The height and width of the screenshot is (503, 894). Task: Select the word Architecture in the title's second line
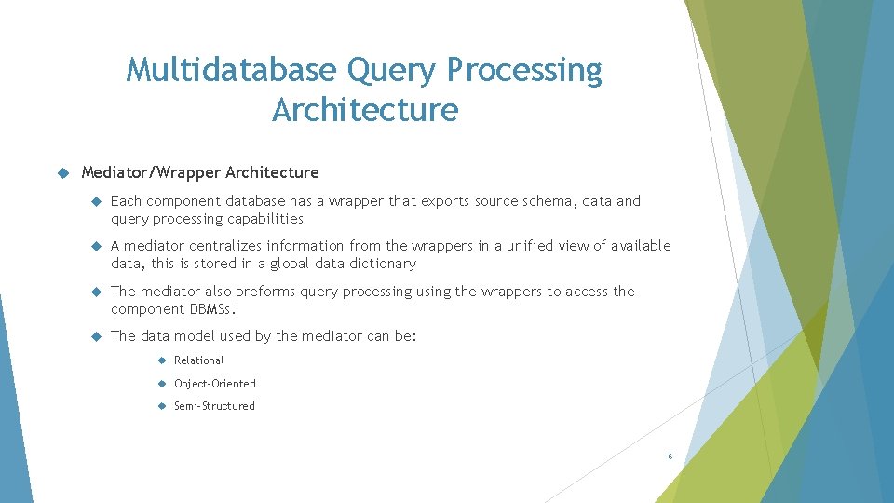365,110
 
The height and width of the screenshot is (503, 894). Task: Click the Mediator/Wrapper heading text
200,172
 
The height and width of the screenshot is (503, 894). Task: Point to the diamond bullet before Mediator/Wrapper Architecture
63,172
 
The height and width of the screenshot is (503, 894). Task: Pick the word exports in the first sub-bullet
447,201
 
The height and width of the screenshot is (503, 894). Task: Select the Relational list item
198,360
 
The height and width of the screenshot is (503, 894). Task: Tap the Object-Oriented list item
214,384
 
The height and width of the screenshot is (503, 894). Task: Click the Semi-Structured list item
214,406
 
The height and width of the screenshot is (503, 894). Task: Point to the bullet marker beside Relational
161,360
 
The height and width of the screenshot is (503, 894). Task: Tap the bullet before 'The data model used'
95,336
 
